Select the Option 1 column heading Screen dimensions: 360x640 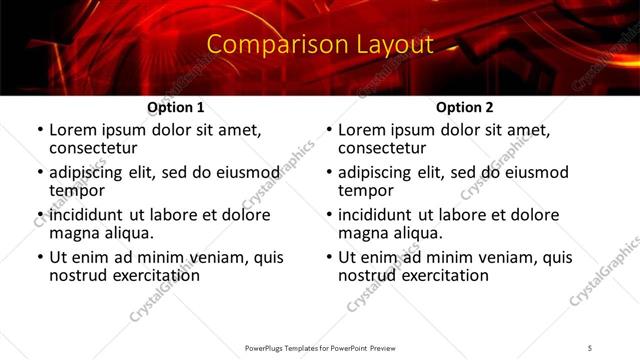176,107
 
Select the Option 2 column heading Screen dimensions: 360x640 464,107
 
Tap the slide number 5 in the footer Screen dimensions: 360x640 590,347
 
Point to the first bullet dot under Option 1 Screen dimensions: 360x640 40,130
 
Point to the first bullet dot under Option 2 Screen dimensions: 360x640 329,130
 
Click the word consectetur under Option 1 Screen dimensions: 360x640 95,148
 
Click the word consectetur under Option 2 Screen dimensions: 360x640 384,148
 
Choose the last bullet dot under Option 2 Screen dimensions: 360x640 329,257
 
